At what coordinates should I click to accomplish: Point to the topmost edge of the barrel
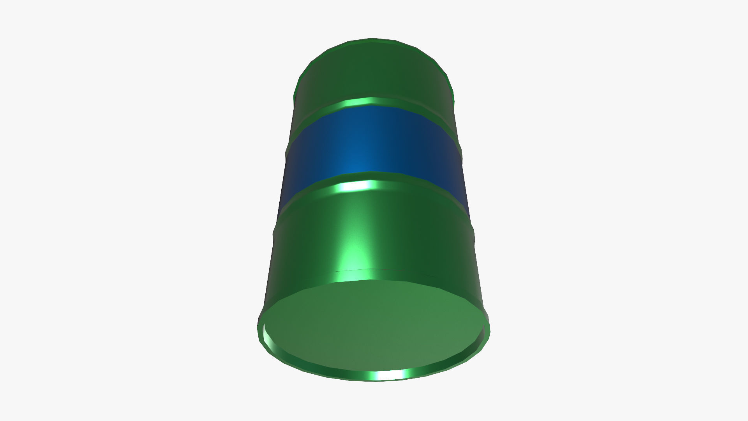(x=372, y=39)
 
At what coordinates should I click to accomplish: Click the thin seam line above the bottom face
(x=374, y=270)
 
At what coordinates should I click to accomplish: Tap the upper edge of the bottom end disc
(x=374, y=280)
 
